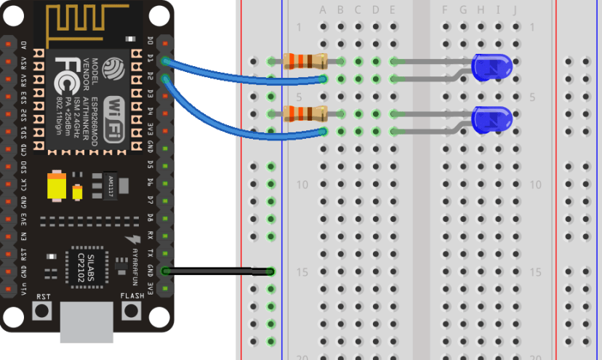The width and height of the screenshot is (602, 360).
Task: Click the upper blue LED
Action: click(492, 68)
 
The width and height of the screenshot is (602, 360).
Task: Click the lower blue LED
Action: click(492, 119)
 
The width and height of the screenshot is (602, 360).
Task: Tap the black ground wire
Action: click(218, 271)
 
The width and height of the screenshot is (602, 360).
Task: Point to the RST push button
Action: click(43, 311)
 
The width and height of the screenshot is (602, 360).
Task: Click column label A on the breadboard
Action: click(323, 10)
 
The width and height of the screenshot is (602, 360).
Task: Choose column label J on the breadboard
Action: click(515, 10)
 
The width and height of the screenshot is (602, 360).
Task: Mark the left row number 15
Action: click(302, 272)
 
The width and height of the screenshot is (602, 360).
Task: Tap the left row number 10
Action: click(302, 185)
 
